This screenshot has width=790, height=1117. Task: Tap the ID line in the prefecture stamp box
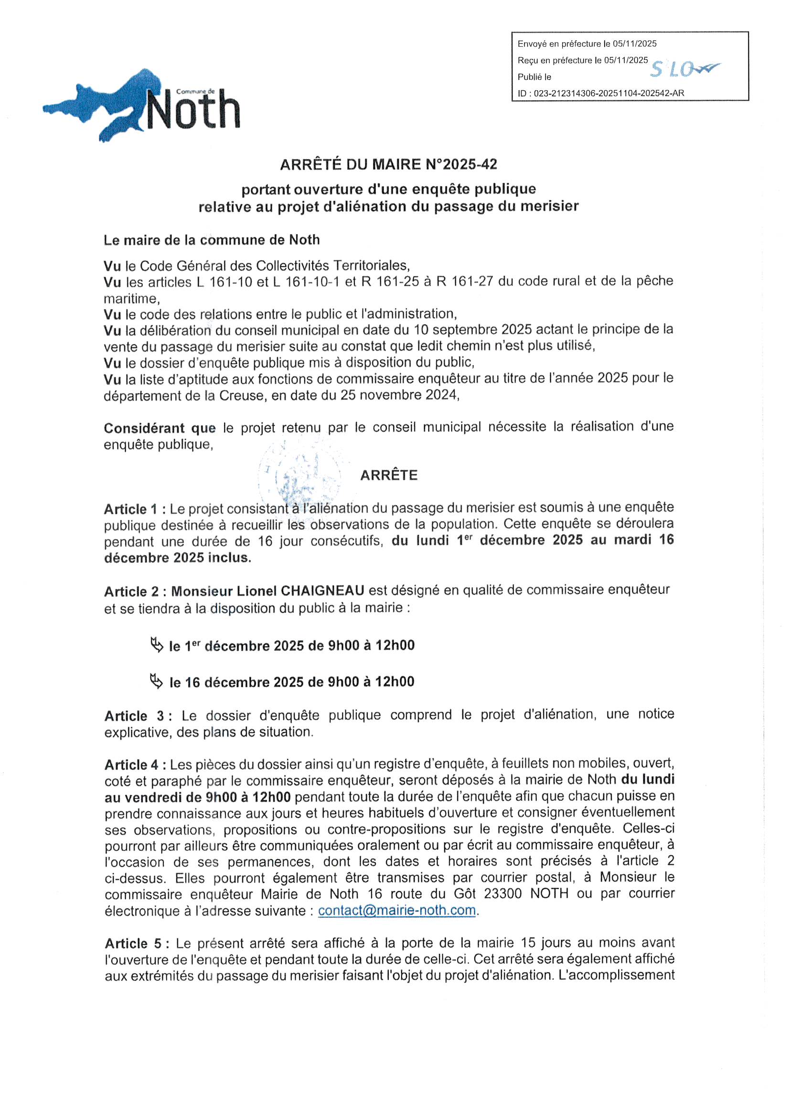coord(600,94)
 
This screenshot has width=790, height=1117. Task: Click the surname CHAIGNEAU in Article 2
coord(322,591)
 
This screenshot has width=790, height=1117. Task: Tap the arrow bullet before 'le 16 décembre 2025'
coord(157,681)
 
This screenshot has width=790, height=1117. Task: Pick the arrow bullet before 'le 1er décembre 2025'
coord(157,645)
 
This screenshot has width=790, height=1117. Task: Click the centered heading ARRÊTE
coord(389,475)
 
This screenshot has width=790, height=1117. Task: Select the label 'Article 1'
coord(130,509)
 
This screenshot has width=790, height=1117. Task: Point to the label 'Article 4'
coord(131,764)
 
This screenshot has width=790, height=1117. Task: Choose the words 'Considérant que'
coord(160,428)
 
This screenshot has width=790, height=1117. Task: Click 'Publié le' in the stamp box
coord(534,77)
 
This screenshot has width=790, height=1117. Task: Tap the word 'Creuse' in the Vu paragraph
coord(242,395)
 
